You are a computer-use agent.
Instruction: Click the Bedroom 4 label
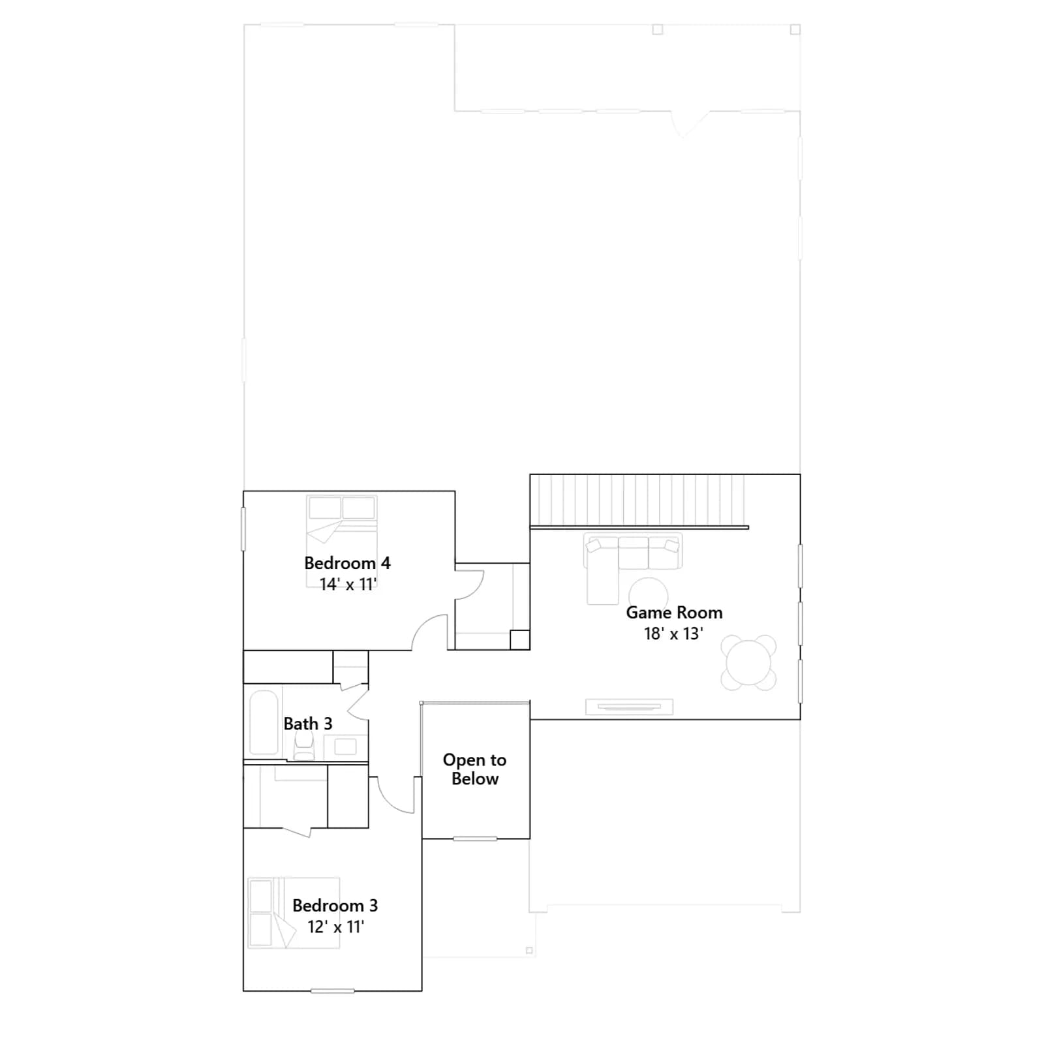pos(347,562)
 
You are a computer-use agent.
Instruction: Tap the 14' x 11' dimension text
pos(348,584)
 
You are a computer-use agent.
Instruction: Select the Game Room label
pos(674,612)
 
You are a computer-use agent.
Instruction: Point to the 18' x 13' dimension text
pos(673,634)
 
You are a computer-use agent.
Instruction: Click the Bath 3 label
pos(308,724)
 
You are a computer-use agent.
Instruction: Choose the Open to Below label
pos(475,769)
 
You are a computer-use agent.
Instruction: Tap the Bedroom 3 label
pos(335,906)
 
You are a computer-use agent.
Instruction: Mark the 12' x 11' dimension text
pos(336,927)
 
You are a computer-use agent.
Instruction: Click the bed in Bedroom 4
pos(342,541)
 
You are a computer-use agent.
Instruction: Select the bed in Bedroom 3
pos(294,912)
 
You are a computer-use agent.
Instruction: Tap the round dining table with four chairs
pos(748,662)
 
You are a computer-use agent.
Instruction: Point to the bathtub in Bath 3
pos(264,722)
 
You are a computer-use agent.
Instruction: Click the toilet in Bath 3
pos(304,745)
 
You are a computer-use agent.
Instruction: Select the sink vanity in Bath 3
pos(345,746)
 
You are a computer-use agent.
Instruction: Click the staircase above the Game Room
pos(639,500)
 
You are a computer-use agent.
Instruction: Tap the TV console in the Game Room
pos(629,706)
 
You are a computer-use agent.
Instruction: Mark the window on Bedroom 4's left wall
pos(243,529)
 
